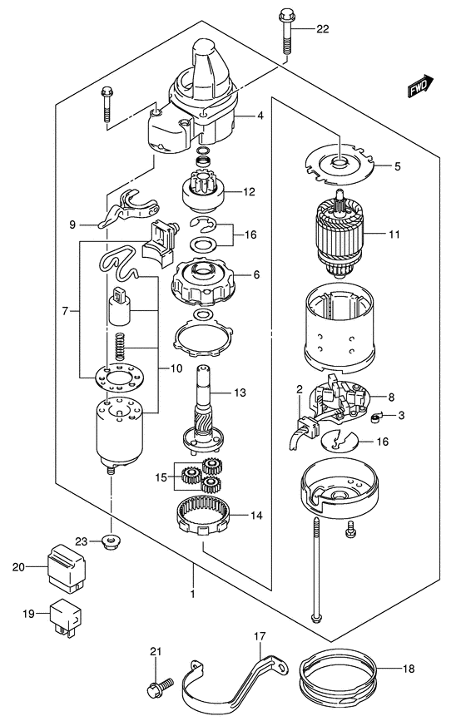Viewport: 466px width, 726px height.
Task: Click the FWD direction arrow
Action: pos(420,86)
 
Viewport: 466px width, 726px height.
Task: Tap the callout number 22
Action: pos(322,29)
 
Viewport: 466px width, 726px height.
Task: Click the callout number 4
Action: pos(260,116)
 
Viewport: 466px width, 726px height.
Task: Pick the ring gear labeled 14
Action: pos(203,516)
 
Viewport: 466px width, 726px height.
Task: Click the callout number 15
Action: pos(161,477)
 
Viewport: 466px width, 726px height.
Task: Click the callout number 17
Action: pos(260,637)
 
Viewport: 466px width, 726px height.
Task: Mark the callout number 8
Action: pos(391,397)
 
